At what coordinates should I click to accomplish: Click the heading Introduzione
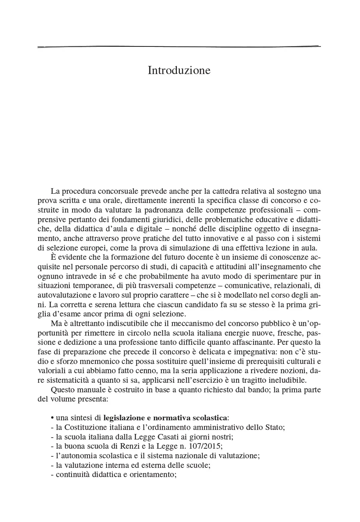click(x=179, y=70)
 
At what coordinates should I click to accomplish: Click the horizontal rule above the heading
click(x=179, y=47)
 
